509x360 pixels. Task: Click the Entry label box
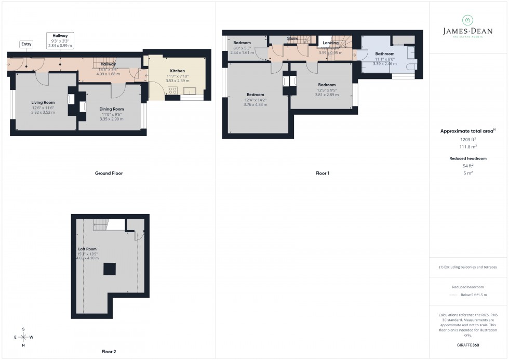pos(26,44)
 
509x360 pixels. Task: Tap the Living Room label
pos(43,103)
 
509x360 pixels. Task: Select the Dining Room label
pos(112,109)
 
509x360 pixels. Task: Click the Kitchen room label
pos(177,71)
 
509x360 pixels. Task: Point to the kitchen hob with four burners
pos(173,90)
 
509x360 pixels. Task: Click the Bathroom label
pos(385,54)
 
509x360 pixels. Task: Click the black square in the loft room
pos(109,269)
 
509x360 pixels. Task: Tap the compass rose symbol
pos(24,337)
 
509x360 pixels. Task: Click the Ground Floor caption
pos(109,173)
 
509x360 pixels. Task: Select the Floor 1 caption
pos(322,173)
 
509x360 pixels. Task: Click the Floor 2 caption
pos(109,352)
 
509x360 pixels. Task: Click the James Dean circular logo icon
pos(468,20)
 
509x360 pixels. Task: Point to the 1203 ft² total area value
pos(468,139)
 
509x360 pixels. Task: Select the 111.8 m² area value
pos(468,146)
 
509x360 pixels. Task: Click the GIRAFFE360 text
pos(468,345)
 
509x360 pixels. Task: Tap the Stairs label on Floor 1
pos(292,38)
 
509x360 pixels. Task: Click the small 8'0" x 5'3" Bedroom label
pos(242,43)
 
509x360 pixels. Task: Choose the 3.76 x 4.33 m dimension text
pos(256,105)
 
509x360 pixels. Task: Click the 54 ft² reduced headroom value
pos(468,166)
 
